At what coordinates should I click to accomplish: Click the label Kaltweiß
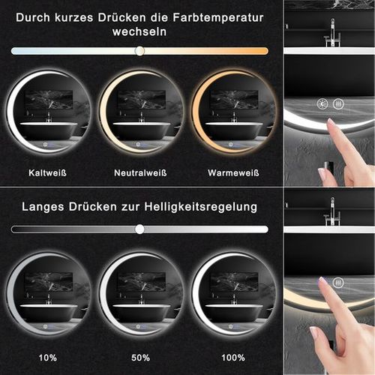[47, 172]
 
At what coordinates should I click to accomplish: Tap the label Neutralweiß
[140, 172]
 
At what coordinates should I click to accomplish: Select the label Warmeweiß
[233, 172]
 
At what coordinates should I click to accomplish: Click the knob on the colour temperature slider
[139, 51]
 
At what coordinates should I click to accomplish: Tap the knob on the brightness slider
[139, 229]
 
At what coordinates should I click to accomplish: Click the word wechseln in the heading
[139, 32]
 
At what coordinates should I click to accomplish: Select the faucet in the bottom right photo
[331, 217]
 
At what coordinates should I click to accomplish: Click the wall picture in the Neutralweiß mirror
[141, 99]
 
